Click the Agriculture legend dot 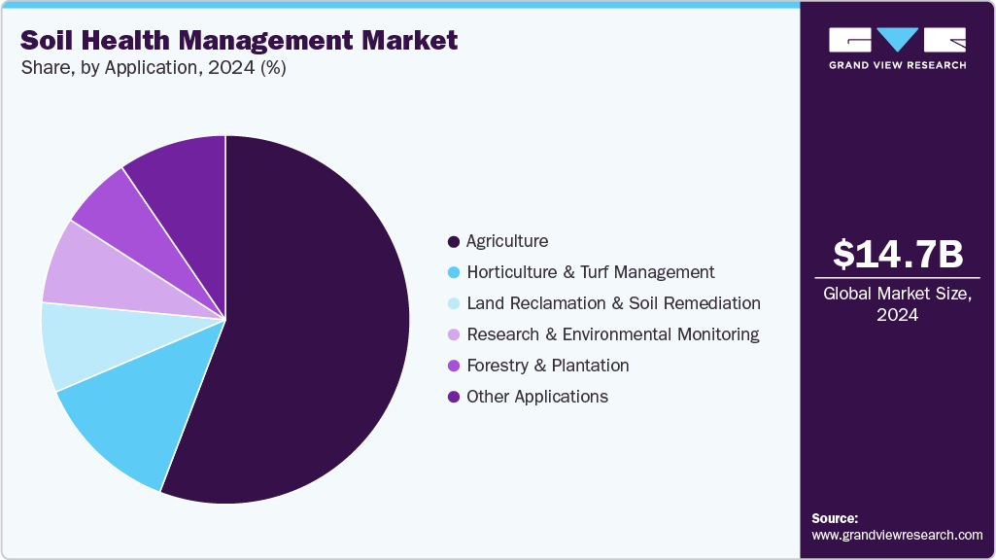click(453, 241)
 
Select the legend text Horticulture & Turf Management click(590, 272)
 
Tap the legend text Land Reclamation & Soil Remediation click(613, 303)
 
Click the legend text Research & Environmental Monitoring click(612, 334)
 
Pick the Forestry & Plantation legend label click(547, 366)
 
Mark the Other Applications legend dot click(453, 397)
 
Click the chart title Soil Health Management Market click(238, 41)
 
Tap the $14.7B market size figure click(898, 254)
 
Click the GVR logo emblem click(897, 40)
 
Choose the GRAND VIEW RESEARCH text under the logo click(897, 65)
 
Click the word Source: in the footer click(835, 518)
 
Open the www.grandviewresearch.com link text click(897, 535)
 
